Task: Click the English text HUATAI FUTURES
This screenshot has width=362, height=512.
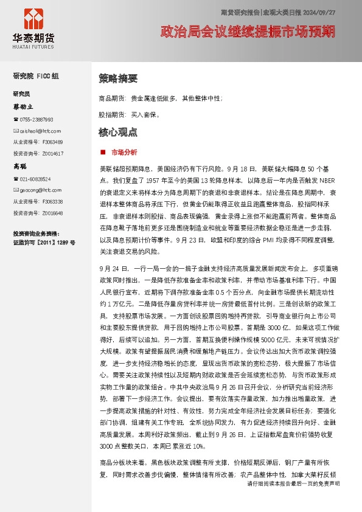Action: pos(33,44)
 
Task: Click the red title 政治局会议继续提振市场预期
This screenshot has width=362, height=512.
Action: pos(247,31)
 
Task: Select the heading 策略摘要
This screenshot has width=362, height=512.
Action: pos(118,78)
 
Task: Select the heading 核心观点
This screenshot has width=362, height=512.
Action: pos(118,132)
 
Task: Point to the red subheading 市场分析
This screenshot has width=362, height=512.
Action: pos(124,151)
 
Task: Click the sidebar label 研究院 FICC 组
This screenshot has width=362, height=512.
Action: pos(36,76)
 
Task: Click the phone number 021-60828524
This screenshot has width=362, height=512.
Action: pos(35,179)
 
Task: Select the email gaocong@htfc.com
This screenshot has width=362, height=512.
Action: pos(40,190)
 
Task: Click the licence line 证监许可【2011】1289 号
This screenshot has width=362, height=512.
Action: pos(44,242)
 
